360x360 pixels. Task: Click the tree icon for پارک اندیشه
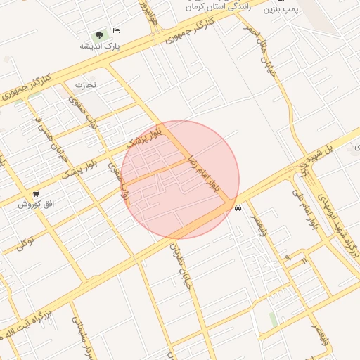tap(98, 34)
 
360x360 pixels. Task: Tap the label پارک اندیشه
tap(100, 46)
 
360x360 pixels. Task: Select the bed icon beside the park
tap(116, 30)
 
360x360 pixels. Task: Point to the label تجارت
tap(84, 84)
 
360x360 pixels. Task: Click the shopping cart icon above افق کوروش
tap(36, 193)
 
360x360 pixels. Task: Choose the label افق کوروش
tap(37, 205)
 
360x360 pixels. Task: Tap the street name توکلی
tap(26, 243)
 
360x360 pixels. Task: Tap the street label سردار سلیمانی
tap(79, 337)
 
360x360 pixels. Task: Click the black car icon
tap(238, 207)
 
